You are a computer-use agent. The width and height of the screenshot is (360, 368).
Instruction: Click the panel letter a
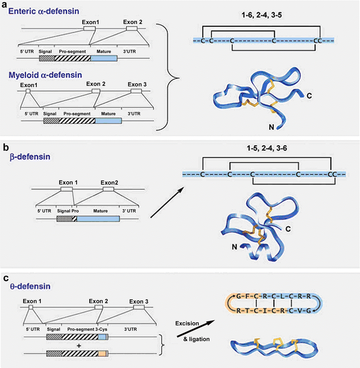point(5,4)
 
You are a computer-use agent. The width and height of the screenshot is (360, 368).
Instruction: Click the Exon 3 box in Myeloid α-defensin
point(136,91)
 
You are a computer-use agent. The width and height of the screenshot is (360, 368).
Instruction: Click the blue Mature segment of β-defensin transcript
point(98,218)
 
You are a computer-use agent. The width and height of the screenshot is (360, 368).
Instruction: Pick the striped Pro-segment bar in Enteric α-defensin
point(73,58)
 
